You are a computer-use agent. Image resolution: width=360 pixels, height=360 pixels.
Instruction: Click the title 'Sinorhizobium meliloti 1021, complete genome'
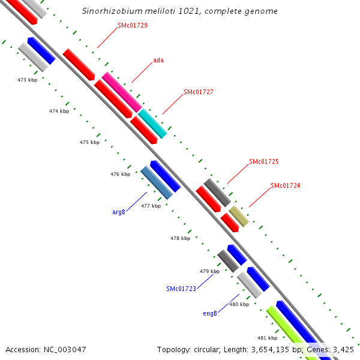[179, 11]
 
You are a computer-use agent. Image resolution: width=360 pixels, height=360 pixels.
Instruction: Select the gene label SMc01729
[133, 25]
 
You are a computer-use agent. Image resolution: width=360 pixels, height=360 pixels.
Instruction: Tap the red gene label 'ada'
[158, 60]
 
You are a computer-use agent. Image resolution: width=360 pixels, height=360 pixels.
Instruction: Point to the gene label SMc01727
[199, 92]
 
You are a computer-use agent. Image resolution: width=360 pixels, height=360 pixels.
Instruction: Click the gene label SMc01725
[264, 162]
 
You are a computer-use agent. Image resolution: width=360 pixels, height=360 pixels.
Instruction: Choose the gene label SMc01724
[285, 185]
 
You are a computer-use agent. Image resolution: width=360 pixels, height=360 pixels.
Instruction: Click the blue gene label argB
[119, 212]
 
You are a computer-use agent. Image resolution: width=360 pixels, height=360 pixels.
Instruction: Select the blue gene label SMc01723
[181, 289]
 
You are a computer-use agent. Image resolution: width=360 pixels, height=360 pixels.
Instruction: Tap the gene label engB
[210, 313]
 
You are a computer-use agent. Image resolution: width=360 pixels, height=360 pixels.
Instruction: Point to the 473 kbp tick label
[27, 80]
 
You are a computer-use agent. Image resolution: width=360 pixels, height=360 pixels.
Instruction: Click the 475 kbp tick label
[89, 142]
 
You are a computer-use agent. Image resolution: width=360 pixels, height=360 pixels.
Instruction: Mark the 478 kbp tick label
[180, 238]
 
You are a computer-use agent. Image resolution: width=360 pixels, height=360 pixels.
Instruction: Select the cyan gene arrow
[152, 123]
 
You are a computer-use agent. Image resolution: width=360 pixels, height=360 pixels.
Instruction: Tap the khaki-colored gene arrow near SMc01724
[239, 216]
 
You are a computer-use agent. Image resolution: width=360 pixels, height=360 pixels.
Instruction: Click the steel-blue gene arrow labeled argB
[157, 182]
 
